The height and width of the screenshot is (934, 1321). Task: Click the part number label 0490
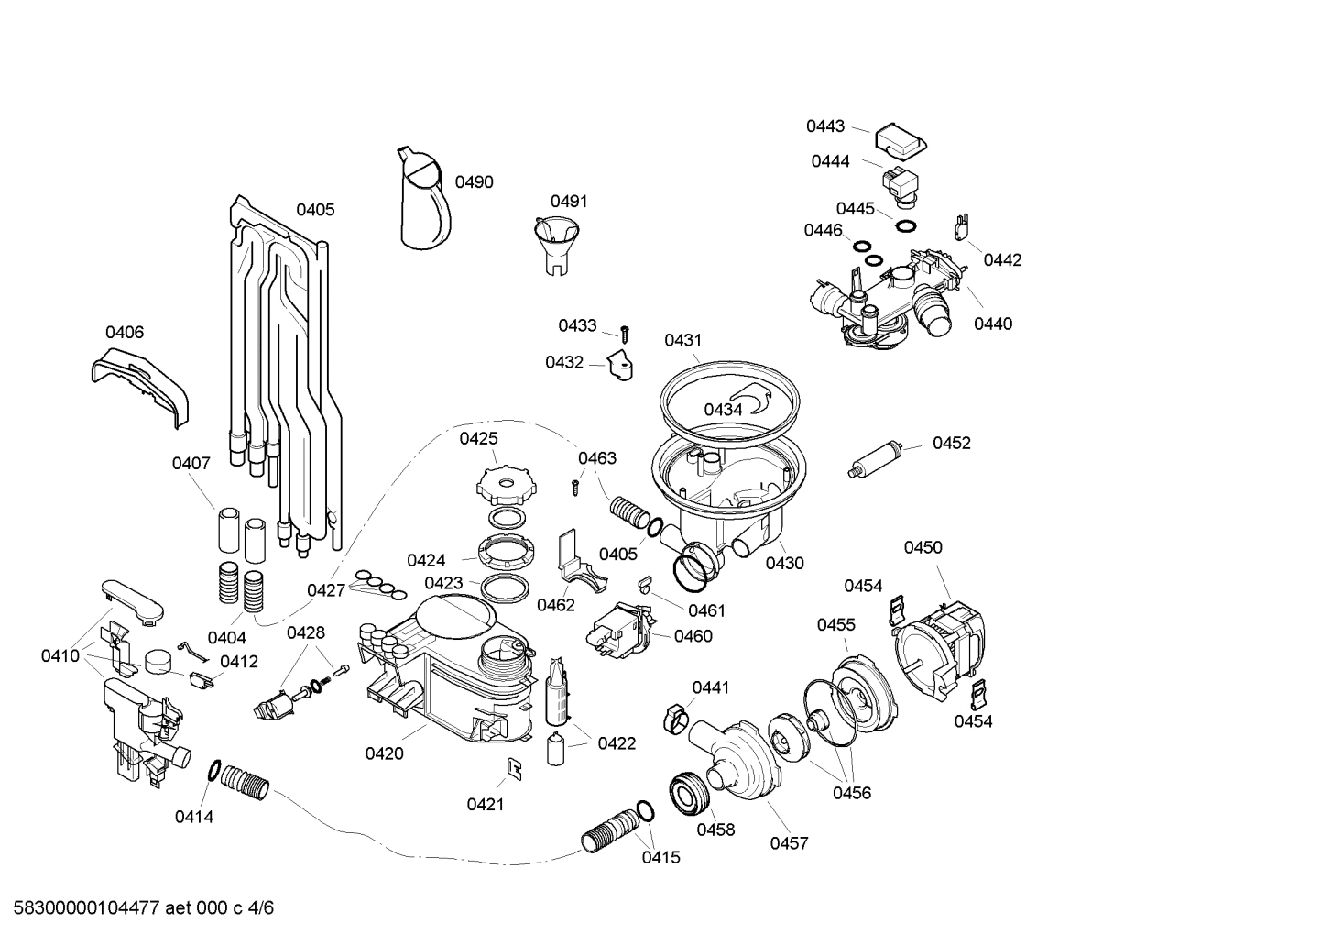(474, 182)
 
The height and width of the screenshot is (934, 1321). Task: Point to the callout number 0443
(825, 126)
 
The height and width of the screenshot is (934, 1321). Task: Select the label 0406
(125, 333)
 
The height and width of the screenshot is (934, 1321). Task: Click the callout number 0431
(682, 340)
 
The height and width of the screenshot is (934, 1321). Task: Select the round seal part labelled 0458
(690, 792)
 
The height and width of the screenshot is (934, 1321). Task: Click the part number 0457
(789, 843)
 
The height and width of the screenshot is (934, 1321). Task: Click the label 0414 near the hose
(193, 817)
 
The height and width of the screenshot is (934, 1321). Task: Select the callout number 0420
(384, 753)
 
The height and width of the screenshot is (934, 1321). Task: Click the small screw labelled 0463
(575, 487)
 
